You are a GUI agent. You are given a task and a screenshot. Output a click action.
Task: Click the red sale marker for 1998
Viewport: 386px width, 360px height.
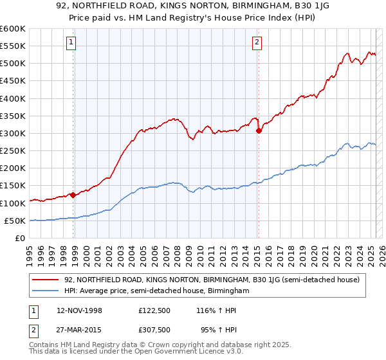pos(73,195)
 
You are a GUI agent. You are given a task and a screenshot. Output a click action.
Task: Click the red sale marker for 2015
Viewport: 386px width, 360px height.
pos(259,130)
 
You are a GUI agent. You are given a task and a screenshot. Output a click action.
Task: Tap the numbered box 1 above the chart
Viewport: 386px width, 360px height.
pos(70,43)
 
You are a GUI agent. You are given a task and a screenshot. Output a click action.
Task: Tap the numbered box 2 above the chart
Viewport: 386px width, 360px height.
pos(257,43)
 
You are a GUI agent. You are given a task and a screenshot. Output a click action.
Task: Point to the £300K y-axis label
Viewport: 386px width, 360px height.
pos(12,133)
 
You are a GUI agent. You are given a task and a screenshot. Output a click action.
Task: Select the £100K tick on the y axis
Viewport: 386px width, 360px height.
pos(12,203)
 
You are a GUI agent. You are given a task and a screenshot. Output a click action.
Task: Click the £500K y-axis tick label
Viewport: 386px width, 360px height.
pos(12,64)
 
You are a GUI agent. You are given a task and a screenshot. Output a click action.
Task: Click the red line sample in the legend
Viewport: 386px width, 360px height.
pos(46,280)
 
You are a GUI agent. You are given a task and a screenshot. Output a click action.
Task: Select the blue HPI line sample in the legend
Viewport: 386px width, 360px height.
pos(46,291)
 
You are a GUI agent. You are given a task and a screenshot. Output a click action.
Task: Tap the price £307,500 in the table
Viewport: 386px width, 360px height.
pos(154,329)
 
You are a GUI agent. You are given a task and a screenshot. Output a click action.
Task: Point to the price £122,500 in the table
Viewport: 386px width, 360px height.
pos(154,310)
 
